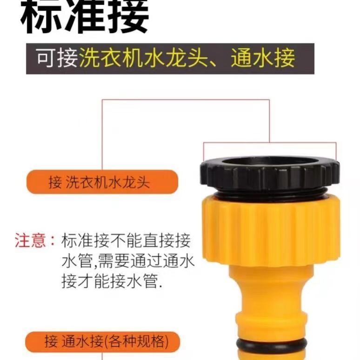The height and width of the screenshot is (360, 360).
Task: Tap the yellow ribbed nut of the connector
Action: pos(271,231)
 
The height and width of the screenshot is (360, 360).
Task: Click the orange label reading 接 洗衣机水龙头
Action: pos(102,182)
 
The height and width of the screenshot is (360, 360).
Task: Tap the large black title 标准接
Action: pos(85,17)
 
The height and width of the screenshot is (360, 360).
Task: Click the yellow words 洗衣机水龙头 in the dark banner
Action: pos(143,58)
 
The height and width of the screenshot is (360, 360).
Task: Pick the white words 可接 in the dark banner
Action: pos(57,58)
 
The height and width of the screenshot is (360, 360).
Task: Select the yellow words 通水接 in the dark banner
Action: pos(263,58)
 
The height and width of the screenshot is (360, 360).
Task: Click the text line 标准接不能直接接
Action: pos(126,240)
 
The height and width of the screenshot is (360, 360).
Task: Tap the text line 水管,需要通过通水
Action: pos(128,261)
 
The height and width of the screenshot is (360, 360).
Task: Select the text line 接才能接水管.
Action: pos(112,281)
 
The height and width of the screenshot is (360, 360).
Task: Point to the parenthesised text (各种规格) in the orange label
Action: pos(136,342)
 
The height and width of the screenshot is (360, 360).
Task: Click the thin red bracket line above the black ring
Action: pos(270,143)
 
